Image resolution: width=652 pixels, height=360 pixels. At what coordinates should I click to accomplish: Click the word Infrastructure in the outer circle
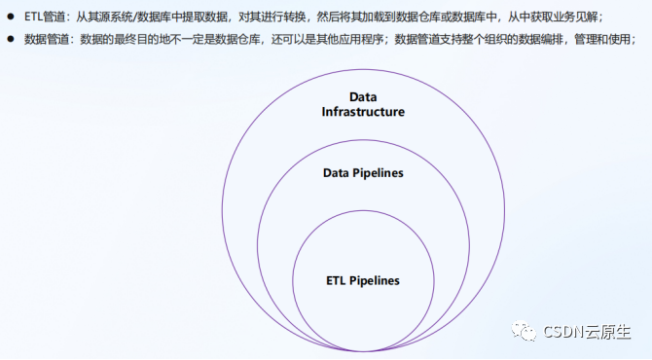pos(363,112)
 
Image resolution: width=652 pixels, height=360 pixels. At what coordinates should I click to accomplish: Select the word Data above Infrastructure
pos(363,97)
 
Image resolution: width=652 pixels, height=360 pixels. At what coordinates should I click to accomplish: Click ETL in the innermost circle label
pos(336,281)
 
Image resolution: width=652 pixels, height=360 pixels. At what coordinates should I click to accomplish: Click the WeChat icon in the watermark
pos(525,332)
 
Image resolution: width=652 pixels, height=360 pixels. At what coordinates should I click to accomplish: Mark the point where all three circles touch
pos(363,351)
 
